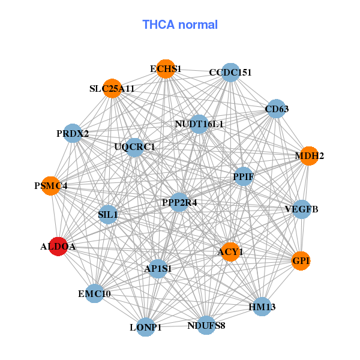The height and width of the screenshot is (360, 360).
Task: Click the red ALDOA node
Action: tap(57, 246)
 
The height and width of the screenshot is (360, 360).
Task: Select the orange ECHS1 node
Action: tap(165, 69)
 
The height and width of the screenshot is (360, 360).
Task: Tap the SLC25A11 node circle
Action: tap(112, 89)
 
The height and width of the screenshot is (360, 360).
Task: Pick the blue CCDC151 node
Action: tap(230, 73)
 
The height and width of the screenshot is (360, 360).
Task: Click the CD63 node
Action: tap(276, 109)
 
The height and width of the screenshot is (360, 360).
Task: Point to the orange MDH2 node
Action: tap(308, 156)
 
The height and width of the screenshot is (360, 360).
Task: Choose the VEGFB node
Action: tap(301, 209)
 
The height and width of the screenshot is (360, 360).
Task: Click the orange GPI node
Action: tap(301, 260)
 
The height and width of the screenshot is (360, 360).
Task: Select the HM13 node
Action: tap(262, 307)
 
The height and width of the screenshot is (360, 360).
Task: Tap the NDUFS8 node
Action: tap(206, 325)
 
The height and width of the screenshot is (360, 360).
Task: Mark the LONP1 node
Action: tap(146, 327)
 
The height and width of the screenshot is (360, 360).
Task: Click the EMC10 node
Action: tap(95, 293)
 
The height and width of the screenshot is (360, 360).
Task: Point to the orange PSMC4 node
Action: tap(51, 185)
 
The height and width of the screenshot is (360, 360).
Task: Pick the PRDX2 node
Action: tap(73, 133)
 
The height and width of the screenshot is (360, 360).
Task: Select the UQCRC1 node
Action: tap(134, 147)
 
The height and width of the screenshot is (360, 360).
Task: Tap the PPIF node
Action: tap(243, 176)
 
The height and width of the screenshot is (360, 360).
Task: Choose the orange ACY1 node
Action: tap(230, 251)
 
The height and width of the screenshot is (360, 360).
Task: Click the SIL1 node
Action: tap(108, 214)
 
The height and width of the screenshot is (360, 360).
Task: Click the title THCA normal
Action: tap(179, 25)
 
